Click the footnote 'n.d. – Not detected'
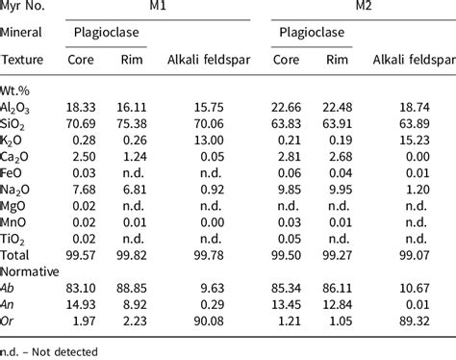click(53, 352)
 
